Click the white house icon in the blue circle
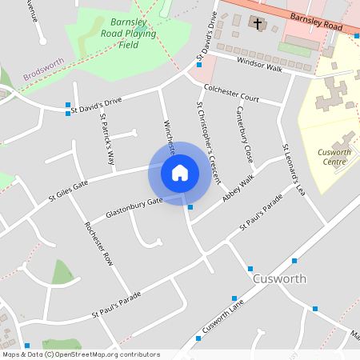coord(180,173)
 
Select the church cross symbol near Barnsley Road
coord(258,22)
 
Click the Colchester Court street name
coord(232,93)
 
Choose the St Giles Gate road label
coord(68,190)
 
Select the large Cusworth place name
coord(279,279)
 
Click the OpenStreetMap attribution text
coord(81,354)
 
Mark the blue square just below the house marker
coord(190,207)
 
